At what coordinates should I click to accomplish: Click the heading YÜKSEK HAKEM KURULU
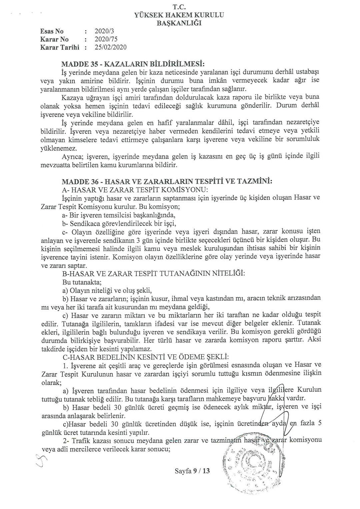click(x=179, y=15)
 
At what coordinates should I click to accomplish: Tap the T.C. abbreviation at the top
click(x=179, y=6)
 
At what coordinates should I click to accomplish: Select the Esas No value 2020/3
click(x=104, y=31)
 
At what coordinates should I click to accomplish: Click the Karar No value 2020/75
click(x=106, y=39)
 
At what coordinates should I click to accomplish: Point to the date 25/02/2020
click(x=110, y=47)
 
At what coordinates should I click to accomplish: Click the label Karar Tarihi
click(x=60, y=47)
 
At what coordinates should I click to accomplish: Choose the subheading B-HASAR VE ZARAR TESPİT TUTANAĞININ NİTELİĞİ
click(x=153, y=273)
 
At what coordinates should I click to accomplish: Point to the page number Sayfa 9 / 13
click(x=192, y=471)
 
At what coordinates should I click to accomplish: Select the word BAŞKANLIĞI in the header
click(x=179, y=23)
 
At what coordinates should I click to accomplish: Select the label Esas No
click(x=52, y=31)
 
